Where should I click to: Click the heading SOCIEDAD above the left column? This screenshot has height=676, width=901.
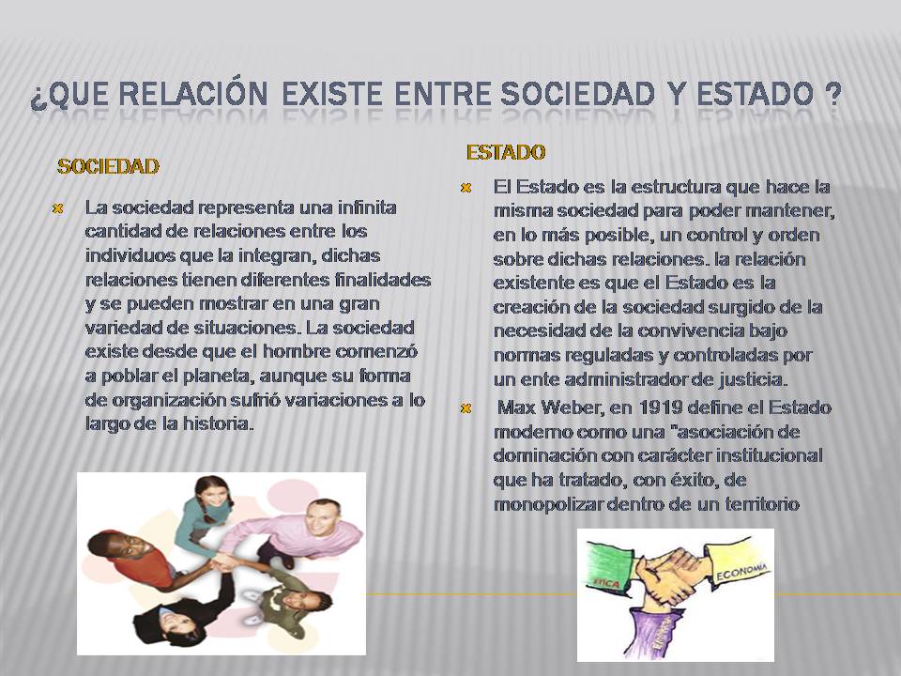tap(108, 166)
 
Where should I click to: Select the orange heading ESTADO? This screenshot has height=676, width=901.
tap(506, 151)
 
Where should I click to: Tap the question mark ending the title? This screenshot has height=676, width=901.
tap(831, 97)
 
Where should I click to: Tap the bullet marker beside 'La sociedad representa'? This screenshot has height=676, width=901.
tap(57, 207)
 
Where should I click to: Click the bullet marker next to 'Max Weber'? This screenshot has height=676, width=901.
tap(465, 407)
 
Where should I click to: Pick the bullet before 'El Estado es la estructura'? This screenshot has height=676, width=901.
tap(465, 187)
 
